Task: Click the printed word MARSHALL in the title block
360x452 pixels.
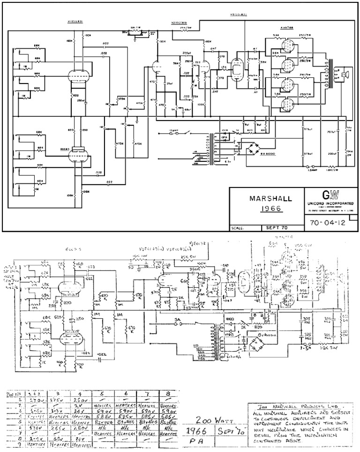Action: pos(266,198)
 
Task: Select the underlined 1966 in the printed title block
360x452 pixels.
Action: pos(266,211)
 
